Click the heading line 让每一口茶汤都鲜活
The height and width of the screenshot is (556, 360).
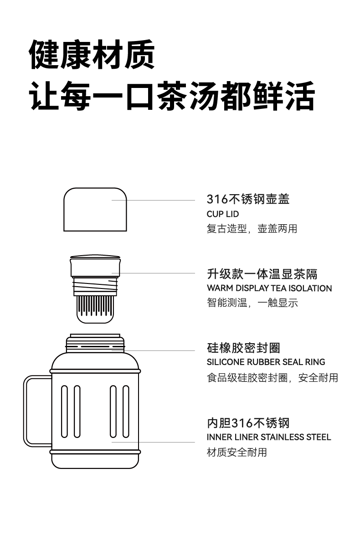[172, 96]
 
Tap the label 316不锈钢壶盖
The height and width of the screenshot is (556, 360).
[248, 199]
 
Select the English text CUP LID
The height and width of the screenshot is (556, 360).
[222, 214]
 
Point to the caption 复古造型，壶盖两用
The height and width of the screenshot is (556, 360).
[252, 229]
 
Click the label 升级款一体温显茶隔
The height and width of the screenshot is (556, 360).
[262, 274]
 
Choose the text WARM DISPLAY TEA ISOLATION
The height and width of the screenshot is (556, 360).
[269, 288]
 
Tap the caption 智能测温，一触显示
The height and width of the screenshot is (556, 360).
[252, 303]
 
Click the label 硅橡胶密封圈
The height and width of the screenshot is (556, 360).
[243, 348]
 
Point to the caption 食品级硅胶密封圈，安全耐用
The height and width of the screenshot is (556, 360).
[272, 377]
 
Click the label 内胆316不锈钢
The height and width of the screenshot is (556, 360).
[248, 423]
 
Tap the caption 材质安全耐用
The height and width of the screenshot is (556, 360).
[237, 452]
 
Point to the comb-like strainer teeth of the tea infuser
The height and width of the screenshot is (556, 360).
[95, 306]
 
